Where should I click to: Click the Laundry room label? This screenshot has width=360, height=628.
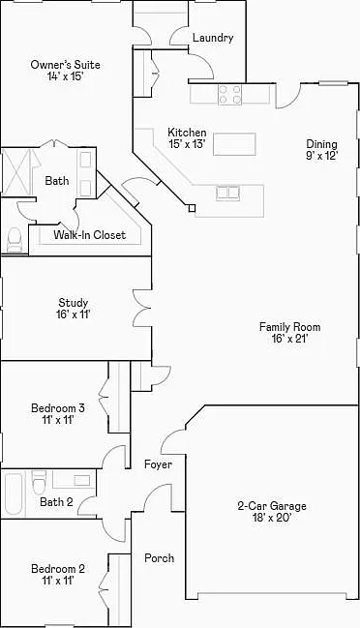(213, 38)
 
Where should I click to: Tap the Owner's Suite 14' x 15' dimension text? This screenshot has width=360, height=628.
(65, 76)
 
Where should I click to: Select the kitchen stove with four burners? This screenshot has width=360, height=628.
(230, 95)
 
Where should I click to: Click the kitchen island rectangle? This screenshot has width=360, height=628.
(234, 144)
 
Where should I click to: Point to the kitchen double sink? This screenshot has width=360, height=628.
(228, 193)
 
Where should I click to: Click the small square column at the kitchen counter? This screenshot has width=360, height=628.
(193, 208)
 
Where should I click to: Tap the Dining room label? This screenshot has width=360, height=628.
(321, 144)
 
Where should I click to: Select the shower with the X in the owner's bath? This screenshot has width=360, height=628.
(16, 172)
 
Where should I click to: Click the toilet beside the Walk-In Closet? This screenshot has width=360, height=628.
(15, 240)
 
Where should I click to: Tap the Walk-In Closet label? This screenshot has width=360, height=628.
(90, 235)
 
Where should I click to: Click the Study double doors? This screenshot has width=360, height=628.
(142, 308)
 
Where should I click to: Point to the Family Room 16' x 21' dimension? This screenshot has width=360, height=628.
(289, 339)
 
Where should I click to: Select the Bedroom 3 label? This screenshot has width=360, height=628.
(58, 408)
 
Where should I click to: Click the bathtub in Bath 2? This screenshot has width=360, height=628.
(14, 493)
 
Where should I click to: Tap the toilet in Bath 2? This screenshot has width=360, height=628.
(40, 483)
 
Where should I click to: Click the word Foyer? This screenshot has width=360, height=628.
(158, 464)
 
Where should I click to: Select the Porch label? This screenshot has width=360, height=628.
(160, 558)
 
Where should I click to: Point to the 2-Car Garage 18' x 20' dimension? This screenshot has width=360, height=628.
(272, 518)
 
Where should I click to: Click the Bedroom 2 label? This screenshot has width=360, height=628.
(58, 569)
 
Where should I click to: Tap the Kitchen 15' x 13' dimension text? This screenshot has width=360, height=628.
(187, 144)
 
